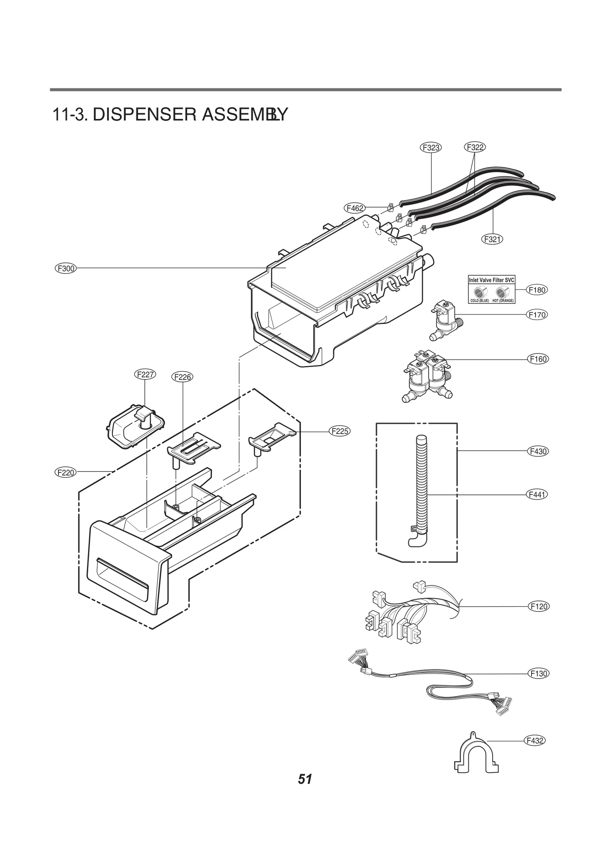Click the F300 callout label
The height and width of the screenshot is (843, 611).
pyautogui.click(x=65, y=268)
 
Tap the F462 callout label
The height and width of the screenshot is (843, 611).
pyautogui.click(x=354, y=208)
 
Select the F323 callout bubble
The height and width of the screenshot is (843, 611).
pyautogui.click(x=431, y=147)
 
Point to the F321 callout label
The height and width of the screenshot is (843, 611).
pyautogui.click(x=492, y=239)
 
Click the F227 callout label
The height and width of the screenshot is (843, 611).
pyautogui.click(x=145, y=374)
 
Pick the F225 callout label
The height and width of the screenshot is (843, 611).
pyautogui.click(x=339, y=431)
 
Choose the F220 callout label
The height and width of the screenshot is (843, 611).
pyautogui.click(x=65, y=472)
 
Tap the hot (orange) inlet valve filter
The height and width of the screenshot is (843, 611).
pyautogui.click(x=501, y=292)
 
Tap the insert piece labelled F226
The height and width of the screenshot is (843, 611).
pyautogui.click(x=194, y=448)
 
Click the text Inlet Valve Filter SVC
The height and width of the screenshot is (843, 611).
pyautogui.click(x=491, y=280)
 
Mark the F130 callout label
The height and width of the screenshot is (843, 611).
pyautogui.click(x=539, y=673)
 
